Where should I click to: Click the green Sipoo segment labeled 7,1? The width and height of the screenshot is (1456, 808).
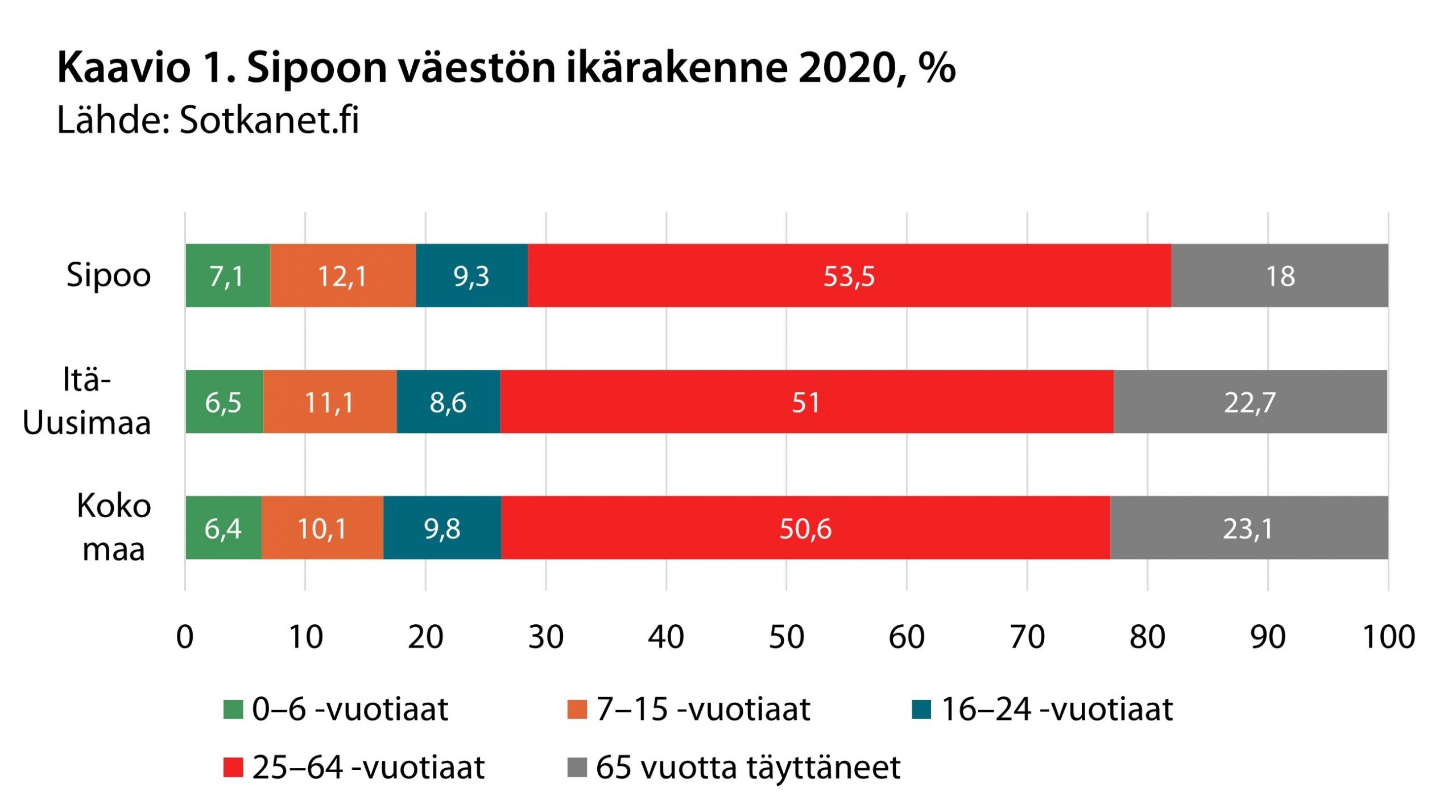tap(227, 276)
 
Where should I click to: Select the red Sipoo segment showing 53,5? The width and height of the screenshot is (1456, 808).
tap(849, 276)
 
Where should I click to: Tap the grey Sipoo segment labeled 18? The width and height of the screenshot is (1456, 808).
tap(1280, 276)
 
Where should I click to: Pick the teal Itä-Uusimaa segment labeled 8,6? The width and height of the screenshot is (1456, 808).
tap(448, 402)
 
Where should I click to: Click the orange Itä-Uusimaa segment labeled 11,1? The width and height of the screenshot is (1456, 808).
tap(330, 402)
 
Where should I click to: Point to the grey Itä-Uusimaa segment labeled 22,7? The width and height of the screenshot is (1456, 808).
tap(1250, 402)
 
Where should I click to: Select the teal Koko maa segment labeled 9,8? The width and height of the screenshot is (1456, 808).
tap(442, 528)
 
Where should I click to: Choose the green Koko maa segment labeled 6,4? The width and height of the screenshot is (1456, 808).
tap(223, 528)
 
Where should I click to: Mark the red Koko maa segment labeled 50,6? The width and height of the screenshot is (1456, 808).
tap(805, 528)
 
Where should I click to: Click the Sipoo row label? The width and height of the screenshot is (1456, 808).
tap(109, 276)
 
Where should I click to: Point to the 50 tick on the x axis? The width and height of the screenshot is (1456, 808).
tap(787, 637)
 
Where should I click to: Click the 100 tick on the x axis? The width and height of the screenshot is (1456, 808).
tap(1388, 637)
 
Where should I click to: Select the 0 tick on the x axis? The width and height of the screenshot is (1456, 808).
tap(185, 637)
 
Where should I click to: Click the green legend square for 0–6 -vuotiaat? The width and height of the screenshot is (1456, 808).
tap(233, 710)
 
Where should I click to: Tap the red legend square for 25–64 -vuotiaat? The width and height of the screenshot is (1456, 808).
tap(233, 768)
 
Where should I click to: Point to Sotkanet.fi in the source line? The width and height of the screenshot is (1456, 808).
tap(269, 121)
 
